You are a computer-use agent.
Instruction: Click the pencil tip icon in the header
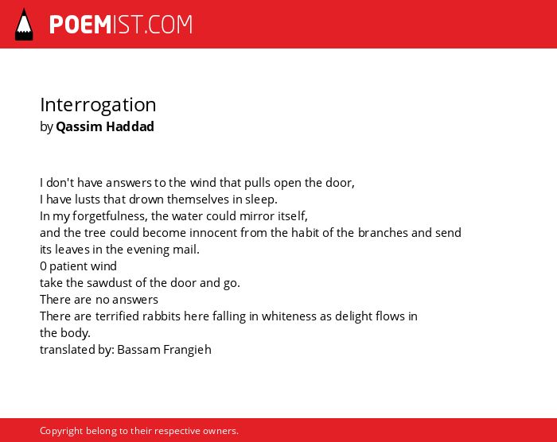pos(24,25)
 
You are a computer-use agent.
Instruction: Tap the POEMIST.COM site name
pos(121,25)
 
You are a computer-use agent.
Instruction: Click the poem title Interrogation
pos(98,106)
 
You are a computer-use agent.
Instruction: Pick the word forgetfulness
pos(110,216)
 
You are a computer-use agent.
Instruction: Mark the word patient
pos(65,266)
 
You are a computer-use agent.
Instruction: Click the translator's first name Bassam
pos(138,350)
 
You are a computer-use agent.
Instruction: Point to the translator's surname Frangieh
pos(187,350)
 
